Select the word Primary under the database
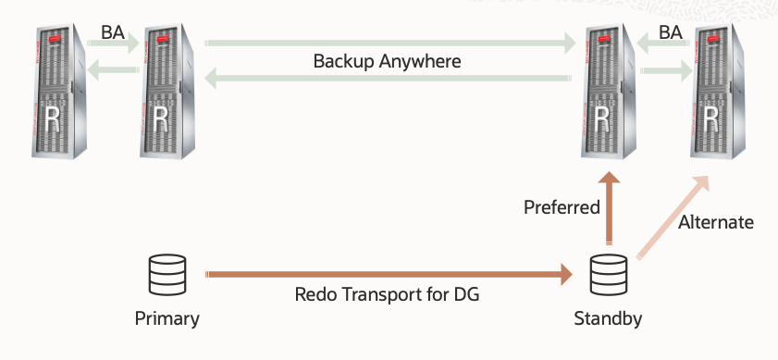167,319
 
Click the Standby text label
608,319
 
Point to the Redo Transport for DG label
387,295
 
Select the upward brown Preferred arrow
608,208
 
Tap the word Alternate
715,222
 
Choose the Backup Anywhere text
387,61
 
